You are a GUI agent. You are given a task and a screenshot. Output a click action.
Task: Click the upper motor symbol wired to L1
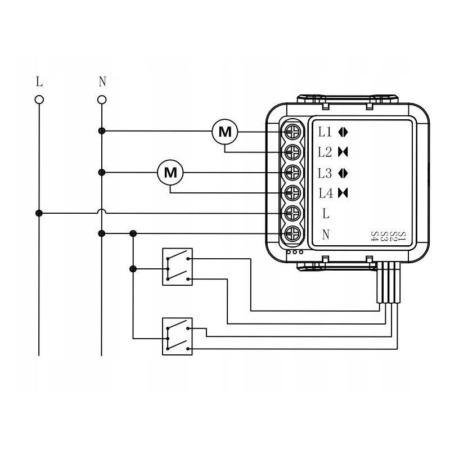coord(225,132)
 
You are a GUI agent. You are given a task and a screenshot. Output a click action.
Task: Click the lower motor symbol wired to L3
coord(170,173)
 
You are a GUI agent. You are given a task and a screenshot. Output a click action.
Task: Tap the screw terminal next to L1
coord(292,132)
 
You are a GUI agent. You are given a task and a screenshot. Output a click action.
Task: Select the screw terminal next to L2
coord(292,152)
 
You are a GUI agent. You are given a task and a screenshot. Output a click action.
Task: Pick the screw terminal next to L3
coord(292,172)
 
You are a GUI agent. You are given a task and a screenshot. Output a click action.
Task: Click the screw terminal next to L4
coord(292,193)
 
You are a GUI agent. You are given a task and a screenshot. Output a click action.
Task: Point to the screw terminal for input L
coord(292,213)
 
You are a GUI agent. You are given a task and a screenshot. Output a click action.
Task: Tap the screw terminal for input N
coord(292,233)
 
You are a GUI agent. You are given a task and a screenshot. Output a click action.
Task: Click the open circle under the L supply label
coord(39,100)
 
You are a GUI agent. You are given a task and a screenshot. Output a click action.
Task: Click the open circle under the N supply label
coord(102,100)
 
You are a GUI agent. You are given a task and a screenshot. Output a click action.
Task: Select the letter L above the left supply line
coord(39,82)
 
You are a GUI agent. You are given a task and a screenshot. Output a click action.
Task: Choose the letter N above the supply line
coord(102,82)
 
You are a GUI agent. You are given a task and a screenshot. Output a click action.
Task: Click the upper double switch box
coord(177,267)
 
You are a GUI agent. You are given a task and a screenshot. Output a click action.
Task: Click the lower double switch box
coord(177,336)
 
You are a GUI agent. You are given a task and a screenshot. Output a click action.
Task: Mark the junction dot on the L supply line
coord(39,213)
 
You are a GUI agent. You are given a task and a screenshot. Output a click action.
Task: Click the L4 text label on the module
coord(326,193)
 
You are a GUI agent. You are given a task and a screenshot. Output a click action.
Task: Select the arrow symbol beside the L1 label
coord(344,133)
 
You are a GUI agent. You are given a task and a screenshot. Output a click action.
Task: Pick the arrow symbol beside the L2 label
coord(344,152)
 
